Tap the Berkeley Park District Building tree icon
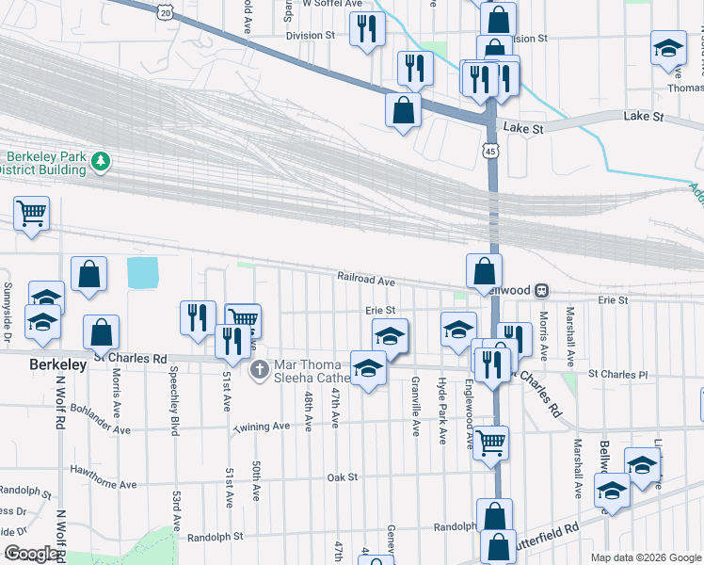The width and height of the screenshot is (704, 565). pos(101,164)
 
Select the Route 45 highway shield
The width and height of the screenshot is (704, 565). pos(491,150)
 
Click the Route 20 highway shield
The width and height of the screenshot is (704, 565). pos(166,12)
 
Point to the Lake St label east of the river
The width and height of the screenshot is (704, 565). pos(644,117)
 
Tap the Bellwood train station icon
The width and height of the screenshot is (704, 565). pos(543,290)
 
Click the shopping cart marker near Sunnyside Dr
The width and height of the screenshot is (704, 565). pos(31,214)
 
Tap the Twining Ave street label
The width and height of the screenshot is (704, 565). pos(262,427)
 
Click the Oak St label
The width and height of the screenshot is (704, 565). pos(343,477)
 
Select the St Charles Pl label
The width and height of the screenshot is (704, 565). pos(618,374)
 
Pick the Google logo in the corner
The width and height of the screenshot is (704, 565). pos(31,554)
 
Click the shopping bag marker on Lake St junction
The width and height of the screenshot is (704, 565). pos(403,110)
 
